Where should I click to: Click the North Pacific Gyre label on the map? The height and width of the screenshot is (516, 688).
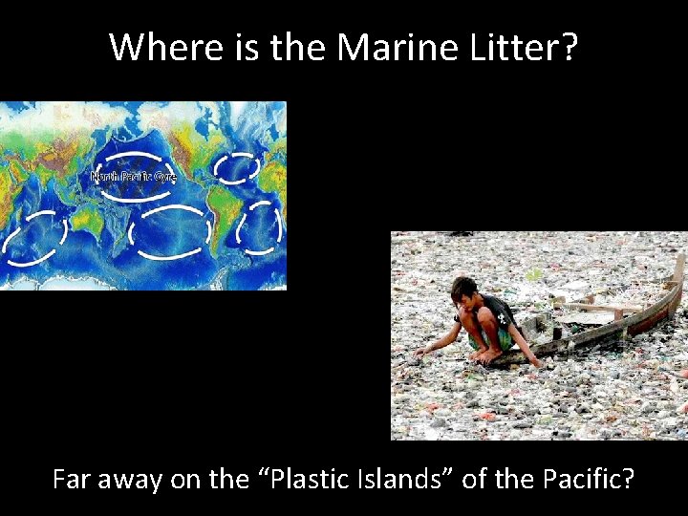click(133, 176)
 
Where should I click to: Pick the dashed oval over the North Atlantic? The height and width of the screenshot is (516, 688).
click(236, 167)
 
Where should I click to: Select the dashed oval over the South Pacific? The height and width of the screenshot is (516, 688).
click(169, 230)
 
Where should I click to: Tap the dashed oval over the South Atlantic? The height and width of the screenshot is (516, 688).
click(259, 228)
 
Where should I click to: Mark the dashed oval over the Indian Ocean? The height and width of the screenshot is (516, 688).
click(34, 238)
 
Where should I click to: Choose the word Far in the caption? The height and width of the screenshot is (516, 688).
click(72, 479)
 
